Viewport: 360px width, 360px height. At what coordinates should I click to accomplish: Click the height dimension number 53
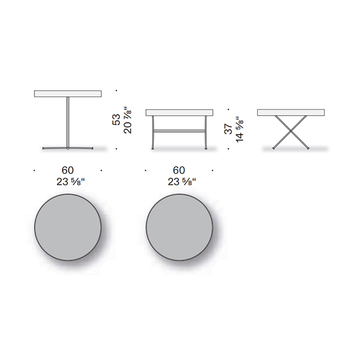point(116,120)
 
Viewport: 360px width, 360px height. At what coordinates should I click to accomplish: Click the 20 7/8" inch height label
point(128,120)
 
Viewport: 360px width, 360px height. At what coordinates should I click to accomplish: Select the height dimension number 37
point(228,129)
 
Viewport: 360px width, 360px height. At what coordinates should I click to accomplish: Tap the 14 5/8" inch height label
point(240,129)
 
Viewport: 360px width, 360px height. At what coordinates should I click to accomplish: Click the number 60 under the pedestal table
point(67,170)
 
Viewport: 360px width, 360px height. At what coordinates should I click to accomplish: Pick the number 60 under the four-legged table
point(179,170)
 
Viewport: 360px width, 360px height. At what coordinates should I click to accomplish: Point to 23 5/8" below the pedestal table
point(70,182)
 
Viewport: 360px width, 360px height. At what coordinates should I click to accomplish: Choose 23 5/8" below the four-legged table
point(182,182)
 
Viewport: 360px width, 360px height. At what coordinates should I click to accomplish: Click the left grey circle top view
point(68,227)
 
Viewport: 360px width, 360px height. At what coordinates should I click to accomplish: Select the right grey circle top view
point(179,227)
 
